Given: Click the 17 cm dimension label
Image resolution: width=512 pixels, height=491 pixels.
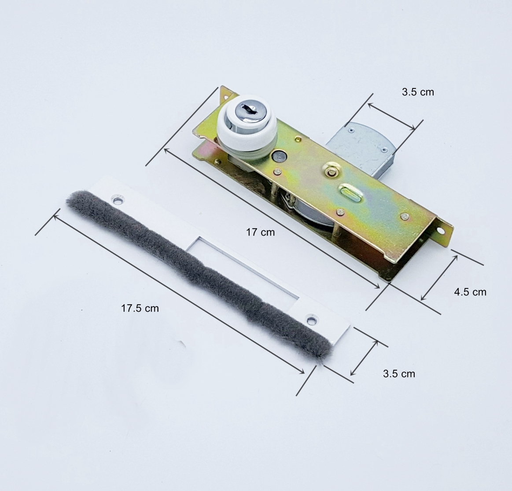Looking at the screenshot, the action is point(260,232).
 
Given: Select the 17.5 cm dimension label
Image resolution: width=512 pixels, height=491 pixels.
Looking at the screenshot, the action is point(140,308).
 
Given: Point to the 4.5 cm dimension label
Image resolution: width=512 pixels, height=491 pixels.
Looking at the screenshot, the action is point(470,292).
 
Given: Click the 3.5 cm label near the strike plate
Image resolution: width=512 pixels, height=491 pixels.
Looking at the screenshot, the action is point(399,374).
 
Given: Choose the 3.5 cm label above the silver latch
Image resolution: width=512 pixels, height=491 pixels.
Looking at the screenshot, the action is point(418,92).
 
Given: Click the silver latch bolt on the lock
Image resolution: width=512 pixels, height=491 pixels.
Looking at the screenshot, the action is point(362,147).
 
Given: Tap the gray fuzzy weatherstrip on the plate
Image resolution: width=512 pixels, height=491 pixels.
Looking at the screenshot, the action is point(199,274).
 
